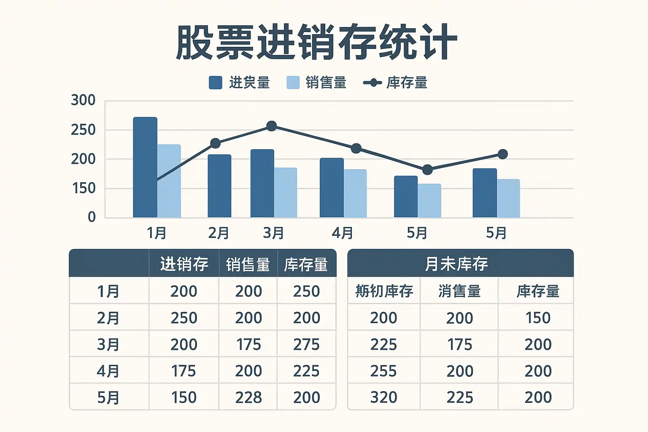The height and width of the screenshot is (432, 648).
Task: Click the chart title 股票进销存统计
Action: click(x=316, y=43)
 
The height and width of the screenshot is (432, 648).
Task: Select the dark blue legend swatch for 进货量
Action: click(x=216, y=83)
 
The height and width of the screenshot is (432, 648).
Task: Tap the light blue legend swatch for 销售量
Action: click(x=293, y=83)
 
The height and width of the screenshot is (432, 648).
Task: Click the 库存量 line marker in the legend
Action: click(x=374, y=83)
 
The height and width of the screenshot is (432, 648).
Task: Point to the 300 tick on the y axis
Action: click(x=83, y=100)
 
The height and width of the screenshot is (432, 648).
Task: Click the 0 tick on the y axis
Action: click(x=92, y=217)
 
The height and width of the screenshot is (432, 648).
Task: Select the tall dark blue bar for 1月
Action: click(x=145, y=167)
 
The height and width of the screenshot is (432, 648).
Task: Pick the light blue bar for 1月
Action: click(x=169, y=181)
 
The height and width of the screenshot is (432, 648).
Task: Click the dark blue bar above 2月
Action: click(x=219, y=186)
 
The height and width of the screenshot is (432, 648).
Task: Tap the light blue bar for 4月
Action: click(x=355, y=193)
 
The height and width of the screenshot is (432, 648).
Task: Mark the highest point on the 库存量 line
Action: click(x=272, y=126)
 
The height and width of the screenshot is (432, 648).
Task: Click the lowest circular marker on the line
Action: click(x=427, y=170)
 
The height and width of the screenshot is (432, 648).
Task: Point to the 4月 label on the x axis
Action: click(x=342, y=233)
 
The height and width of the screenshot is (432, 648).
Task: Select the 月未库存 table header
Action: click(x=456, y=264)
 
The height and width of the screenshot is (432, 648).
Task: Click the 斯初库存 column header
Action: click(x=384, y=291)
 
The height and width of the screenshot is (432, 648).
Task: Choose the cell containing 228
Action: click(x=248, y=397)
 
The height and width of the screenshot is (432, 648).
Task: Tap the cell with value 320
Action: click(x=383, y=397)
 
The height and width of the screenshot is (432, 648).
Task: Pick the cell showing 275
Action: click(x=306, y=344)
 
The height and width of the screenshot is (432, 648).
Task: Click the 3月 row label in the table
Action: click(x=108, y=344)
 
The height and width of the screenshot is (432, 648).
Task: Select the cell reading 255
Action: click(x=383, y=371)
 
